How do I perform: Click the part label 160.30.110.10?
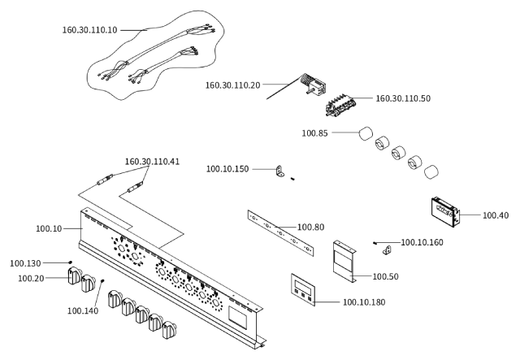pos(89,30)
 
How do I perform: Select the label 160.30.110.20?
pos(233,85)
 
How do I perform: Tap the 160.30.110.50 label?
pos(403,98)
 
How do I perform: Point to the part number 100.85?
pos(314,133)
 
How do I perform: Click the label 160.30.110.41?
pos(152,162)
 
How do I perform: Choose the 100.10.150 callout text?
pos(227,169)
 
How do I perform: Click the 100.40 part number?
pos(496,215)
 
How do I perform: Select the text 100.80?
pos(310,228)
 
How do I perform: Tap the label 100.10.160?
pos(422,242)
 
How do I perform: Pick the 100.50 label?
pos(386,276)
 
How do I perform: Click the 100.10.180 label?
pos(364,302)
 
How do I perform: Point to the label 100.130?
pos(25,263)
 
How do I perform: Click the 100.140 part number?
pos(83,311)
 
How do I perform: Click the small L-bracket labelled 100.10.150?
pos(280,171)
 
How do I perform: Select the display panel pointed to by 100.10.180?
pos(303,289)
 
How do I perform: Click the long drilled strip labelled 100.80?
pos(280,232)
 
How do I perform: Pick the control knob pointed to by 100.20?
pos(74,275)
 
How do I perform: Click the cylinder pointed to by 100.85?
pos(366,133)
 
